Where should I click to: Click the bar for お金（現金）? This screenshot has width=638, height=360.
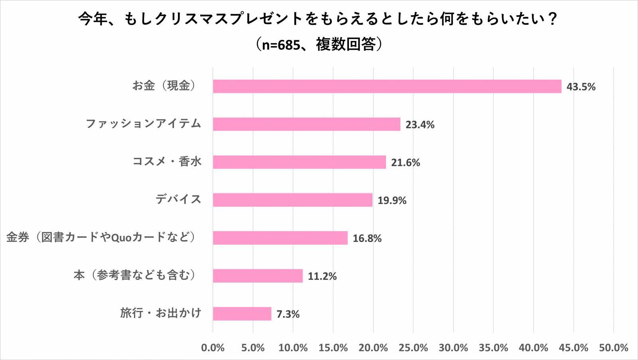(x=387, y=86)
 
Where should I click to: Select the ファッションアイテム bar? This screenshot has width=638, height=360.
(x=306, y=124)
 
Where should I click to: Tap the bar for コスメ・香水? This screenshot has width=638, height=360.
(x=299, y=162)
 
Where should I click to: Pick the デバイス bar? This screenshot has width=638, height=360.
(x=292, y=200)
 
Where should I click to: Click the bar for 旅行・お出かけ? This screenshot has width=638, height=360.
(x=242, y=314)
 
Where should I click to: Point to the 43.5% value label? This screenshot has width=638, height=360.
(x=581, y=87)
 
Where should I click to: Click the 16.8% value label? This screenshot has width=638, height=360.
(x=367, y=238)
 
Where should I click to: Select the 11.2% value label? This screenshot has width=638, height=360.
(x=322, y=276)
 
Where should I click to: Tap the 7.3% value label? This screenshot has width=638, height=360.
(x=288, y=314)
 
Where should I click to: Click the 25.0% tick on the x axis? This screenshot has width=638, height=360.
(x=413, y=348)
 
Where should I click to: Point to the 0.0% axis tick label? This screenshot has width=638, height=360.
(x=213, y=348)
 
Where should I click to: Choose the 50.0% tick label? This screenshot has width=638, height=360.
(x=613, y=348)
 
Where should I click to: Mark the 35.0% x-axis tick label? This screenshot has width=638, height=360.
(x=493, y=348)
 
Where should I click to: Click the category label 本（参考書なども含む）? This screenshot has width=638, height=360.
(x=135, y=275)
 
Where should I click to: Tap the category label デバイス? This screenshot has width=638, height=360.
(x=178, y=199)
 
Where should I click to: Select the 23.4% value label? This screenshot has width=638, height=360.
(x=419, y=125)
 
